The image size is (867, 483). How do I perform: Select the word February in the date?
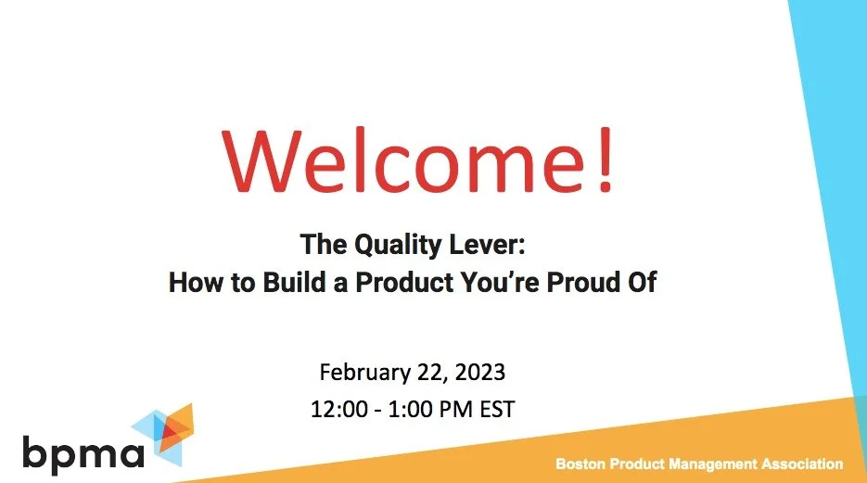tap(362, 373)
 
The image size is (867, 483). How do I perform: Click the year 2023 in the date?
tap(479, 373)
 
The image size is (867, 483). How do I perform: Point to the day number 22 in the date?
tap(427, 373)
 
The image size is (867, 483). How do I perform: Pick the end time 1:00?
tap(410, 407)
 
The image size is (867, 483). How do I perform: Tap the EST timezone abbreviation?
tap(493, 407)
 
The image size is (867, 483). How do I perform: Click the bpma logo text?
tap(83, 453)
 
